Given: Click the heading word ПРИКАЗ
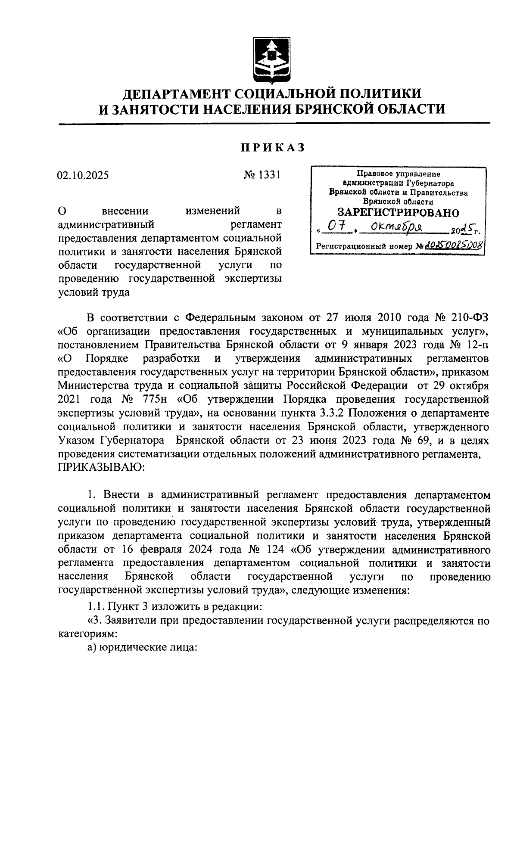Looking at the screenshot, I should tap(272, 147).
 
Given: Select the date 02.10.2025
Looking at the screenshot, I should tap(83, 175).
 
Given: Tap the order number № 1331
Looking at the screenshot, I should tap(262, 175).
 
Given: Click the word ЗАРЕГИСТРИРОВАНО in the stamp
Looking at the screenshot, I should tap(398, 212).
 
